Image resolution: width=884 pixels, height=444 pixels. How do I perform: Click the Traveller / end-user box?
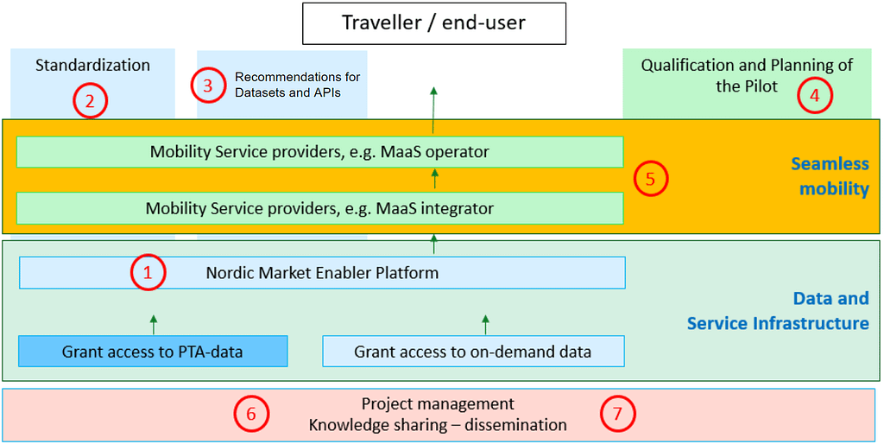coord(434,23)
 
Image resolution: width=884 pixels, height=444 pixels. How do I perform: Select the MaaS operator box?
coord(319,152)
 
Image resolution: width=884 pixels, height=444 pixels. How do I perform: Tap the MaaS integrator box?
coord(319,208)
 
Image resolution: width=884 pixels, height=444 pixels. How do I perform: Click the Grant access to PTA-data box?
coord(154,351)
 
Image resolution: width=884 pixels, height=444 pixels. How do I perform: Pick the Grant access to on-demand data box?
coord(474,351)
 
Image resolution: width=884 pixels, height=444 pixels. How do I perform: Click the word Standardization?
coord(93,66)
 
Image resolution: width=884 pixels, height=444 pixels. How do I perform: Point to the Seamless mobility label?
coord(830,176)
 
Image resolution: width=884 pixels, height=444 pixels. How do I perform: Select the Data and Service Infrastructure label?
coord(778,310)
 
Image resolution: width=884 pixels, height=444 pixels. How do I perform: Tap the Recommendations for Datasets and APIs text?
coord(297,85)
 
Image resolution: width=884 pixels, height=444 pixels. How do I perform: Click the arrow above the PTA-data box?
coord(154,325)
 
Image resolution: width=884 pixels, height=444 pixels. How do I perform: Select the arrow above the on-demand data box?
coord(485,325)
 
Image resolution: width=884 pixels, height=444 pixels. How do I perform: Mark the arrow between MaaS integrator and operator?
coord(434,180)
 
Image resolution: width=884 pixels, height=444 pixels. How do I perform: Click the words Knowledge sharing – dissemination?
coord(438,424)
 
